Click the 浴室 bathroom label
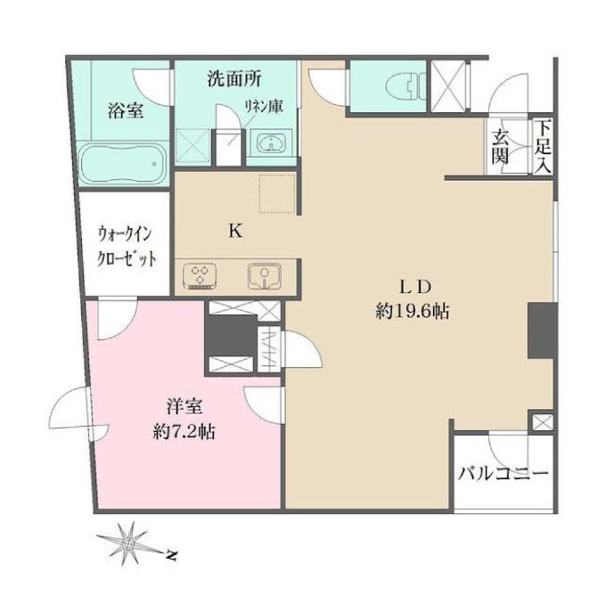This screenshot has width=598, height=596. tap(125, 111)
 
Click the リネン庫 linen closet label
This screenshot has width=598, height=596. tap(264, 106)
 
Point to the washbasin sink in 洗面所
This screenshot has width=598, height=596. tap(271, 143)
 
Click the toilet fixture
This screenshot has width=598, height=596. tap(406, 86)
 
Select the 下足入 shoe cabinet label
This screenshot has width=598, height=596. tap(544, 146)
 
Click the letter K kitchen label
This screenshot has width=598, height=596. tap(235, 230)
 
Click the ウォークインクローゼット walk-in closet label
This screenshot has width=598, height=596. tap(126, 248)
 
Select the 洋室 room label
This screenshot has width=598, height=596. tap(185, 407)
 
